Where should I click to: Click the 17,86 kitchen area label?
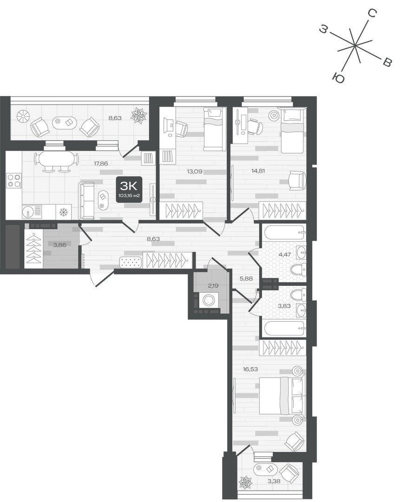pos(101,163)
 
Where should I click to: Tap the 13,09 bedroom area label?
pos(195,171)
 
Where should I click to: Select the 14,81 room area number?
pos(258,171)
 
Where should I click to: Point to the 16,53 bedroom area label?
pos(250,369)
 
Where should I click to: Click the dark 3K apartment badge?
pos(129,190)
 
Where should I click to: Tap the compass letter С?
pos(372,13)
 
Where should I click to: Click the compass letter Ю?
pos(338,78)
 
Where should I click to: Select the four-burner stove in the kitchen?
pos(14,180)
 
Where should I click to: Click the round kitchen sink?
pos(27,211)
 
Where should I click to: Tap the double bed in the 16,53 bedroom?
pos(282,396)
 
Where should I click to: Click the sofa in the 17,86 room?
pos(86,200)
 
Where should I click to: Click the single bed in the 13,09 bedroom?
pos(213,129)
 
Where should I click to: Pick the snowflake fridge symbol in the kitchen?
pos(63,212)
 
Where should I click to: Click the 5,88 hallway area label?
pos(246,278)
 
